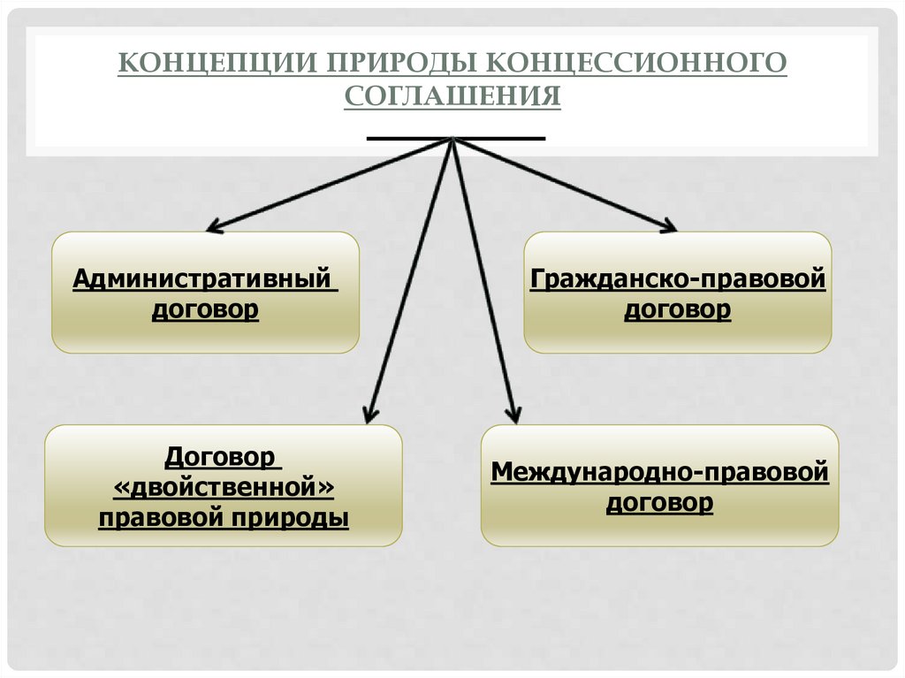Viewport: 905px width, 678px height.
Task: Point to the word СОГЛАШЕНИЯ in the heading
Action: pos(452,96)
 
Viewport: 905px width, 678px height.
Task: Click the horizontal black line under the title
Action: pos(455,138)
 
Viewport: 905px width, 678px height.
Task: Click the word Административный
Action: pos(204,279)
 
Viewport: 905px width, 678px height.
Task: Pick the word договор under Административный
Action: pos(205,310)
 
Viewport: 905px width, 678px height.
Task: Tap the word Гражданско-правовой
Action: pos(678,279)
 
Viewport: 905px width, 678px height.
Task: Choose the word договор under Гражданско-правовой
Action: pos(678,310)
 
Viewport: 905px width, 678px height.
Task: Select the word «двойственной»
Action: pos(223,487)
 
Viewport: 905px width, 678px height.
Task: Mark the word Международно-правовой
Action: pos(659,472)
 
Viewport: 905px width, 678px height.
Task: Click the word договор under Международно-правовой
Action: pos(659,503)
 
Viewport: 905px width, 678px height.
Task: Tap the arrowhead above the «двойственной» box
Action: pos(371,413)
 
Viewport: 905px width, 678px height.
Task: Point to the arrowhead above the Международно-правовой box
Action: pos(513,413)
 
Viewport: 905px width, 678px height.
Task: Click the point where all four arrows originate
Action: pos(452,140)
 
